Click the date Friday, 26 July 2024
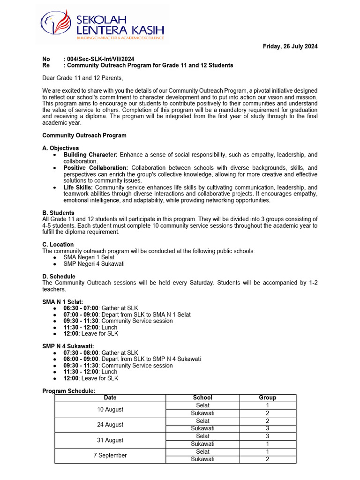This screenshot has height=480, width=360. (290, 46)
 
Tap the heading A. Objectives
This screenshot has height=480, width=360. (60, 148)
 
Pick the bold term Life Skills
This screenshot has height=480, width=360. (78, 187)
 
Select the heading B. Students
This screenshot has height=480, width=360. (58, 213)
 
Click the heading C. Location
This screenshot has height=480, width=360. (58, 245)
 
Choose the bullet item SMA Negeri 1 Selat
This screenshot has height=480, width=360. (89, 257)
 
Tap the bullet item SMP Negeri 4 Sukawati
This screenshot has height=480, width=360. (94, 264)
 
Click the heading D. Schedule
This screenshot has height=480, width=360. (59, 277)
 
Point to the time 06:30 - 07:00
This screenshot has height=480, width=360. (81, 308)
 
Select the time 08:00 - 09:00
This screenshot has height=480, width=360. (81, 359)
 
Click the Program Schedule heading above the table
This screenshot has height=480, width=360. (68, 391)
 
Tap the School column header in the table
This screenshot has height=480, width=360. (202, 397)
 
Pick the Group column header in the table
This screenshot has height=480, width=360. (268, 397)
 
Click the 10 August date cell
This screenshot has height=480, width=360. (110, 409)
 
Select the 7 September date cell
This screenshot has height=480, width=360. (110, 456)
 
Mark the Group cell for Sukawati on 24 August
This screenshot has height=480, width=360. (268, 428)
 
